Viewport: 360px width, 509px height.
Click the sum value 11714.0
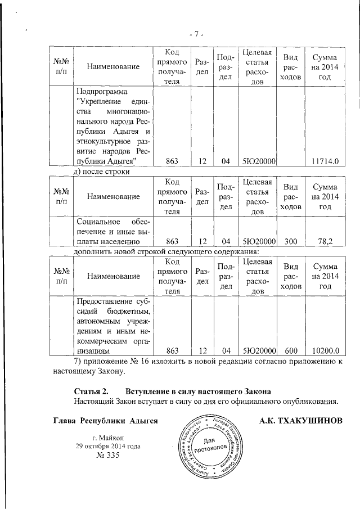[x=326, y=161]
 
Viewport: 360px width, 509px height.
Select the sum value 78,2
[x=326, y=241]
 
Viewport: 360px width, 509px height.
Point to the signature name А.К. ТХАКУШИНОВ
[x=301, y=420]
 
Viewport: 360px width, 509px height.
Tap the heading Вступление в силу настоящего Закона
[x=199, y=391]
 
